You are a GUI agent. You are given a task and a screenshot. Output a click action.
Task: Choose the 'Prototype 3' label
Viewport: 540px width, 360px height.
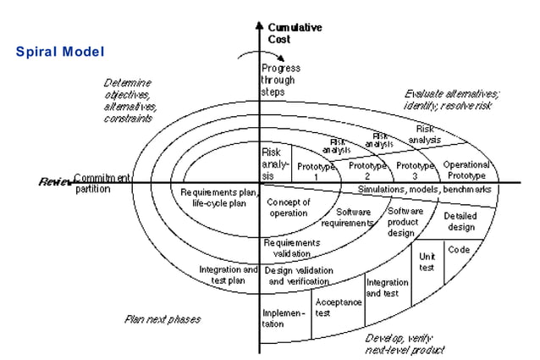point(416,169)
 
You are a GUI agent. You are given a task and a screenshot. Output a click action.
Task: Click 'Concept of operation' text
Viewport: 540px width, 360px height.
point(289,208)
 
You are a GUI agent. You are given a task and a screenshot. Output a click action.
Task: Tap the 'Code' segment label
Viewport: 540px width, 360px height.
point(459,250)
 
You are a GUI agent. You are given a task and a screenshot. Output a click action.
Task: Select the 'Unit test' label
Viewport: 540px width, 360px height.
point(427,261)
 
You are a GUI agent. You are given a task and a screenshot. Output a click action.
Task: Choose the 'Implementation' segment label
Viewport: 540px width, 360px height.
point(284,318)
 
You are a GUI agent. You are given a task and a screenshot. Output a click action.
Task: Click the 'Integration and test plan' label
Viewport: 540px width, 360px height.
point(226,274)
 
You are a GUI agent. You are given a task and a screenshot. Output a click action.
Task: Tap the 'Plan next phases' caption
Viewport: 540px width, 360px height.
point(163,319)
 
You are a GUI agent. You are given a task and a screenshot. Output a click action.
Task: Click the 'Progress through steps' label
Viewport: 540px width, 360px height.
point(279,79)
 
